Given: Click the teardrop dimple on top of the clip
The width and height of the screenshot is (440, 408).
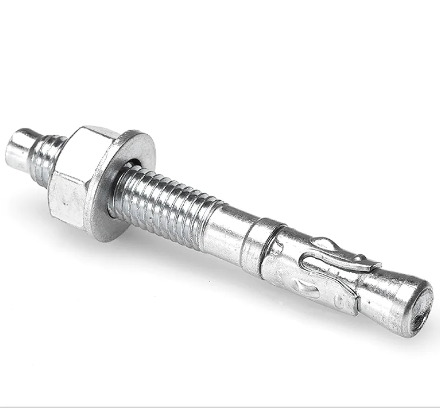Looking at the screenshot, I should (x=325, y=244).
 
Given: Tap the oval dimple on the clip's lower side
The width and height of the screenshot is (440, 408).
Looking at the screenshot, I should (x=301, y=286).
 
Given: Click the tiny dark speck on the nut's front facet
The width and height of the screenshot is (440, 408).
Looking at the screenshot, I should (x=64, y=205).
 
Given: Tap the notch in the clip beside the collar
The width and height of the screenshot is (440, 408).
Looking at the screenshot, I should (x=277, y=248).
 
